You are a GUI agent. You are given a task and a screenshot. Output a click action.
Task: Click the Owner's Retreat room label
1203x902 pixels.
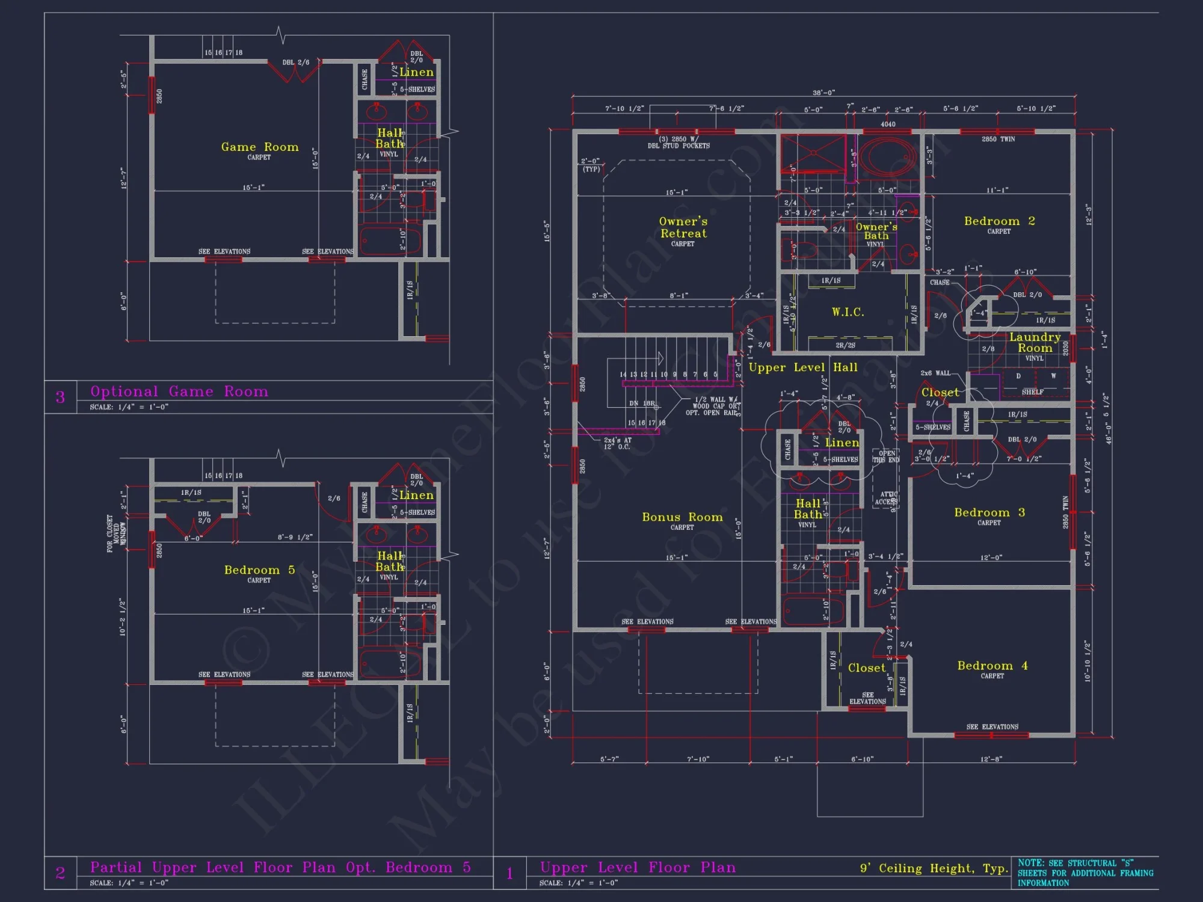[683, 228]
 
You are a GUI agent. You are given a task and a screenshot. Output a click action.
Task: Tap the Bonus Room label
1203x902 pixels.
[682, 518]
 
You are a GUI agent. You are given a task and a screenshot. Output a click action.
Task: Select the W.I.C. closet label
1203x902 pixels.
[848, 312]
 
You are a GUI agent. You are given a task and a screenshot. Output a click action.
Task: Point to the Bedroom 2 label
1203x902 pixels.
[999, 221]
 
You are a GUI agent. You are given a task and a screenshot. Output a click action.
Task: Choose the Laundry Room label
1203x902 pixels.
[1035, 343]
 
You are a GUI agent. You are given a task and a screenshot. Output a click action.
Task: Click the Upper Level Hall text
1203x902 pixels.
[802, 367]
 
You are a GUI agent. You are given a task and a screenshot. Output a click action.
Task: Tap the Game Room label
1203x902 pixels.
[259, 147]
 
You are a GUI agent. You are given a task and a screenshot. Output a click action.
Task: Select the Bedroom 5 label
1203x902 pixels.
[259, 570]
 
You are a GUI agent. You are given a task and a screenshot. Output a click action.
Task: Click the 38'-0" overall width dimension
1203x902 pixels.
[823, 93]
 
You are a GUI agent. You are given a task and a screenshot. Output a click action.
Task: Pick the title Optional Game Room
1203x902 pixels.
[179, 391]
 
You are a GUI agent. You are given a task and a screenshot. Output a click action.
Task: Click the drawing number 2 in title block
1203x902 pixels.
[60, 873]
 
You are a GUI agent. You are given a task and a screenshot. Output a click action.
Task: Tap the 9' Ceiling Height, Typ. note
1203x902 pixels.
[934, 868]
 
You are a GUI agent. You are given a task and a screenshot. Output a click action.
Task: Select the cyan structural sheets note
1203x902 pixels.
[1085, 873]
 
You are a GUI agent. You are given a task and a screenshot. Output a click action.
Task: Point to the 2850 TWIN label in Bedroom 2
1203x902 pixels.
[998, 139]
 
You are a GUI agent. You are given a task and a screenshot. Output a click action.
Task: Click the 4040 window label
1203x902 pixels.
[888, 124]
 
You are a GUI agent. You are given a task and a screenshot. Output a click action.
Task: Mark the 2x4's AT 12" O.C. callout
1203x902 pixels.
[618, 443]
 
